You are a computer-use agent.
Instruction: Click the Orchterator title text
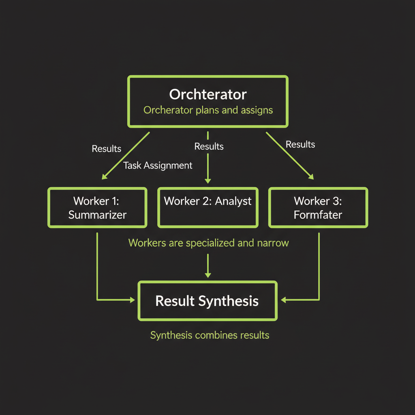coord(207,94)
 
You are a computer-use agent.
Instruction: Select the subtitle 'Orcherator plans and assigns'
coord(208,110)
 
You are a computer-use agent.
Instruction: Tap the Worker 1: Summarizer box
coord(97,207)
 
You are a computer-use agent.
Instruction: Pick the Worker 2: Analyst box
coord(207,207)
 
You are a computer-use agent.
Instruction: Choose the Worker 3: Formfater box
coord(318,207)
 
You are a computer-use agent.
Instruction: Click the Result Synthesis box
coord(207,301)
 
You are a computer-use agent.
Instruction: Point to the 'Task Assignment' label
coord(158,165)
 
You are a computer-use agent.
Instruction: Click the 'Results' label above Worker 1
coord(106,149)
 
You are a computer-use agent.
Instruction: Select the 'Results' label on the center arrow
coord(209,146)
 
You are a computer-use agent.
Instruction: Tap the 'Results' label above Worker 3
coord(300,144)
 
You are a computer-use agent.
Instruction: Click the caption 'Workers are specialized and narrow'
coord(208,243)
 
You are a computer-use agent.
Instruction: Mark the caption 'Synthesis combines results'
coord(210,335)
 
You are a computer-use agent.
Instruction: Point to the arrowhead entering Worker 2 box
coord(208,180)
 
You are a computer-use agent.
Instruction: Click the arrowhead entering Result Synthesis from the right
coord(284,300)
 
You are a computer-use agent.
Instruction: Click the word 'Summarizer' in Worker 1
coord(97,215)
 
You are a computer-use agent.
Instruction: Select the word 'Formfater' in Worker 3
coord(318,215)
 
